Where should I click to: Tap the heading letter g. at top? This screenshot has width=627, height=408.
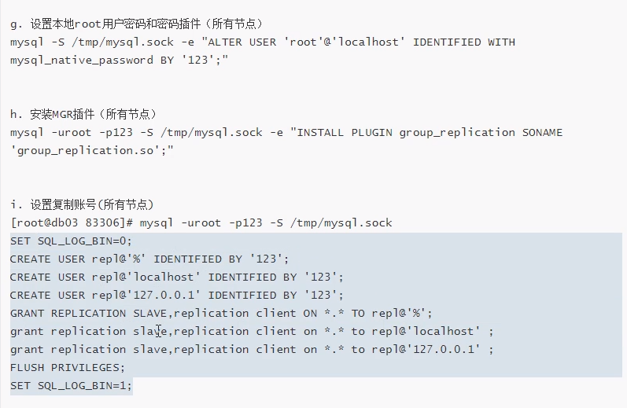coord(16,24)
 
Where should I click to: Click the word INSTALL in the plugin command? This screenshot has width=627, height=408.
coord(322,132)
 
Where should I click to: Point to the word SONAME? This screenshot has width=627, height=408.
coord(542,132)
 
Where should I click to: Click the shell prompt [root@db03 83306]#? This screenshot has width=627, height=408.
coord(71,223)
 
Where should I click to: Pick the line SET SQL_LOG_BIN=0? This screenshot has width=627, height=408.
coord(72,241)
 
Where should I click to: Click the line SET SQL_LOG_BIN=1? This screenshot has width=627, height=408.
coord(72,385)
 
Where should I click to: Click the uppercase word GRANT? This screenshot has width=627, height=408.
coord(28,313)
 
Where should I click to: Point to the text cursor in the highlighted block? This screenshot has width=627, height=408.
coord(159,332)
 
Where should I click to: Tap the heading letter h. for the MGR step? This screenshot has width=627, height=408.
coord(16,115)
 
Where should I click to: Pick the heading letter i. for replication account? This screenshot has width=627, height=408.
coord(16,205)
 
